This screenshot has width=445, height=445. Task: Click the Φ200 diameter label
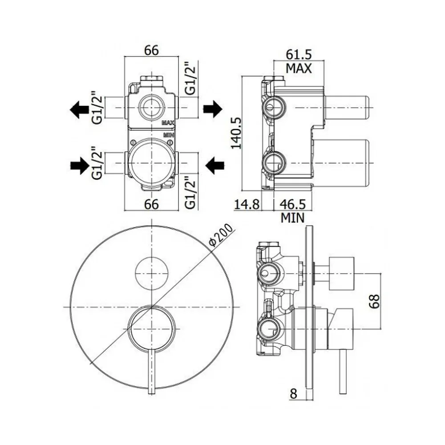point(221,235)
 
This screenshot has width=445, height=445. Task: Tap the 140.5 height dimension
point(236,133)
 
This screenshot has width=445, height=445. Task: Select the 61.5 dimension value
point(299,54)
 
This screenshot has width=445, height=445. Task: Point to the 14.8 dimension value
point(247,204)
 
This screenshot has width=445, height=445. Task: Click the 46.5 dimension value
point(293,204)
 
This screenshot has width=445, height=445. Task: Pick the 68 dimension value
point(374,301)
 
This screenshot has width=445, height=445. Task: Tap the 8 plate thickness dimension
point(293,394)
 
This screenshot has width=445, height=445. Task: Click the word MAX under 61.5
point(299,69)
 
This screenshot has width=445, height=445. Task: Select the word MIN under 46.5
point(293,218)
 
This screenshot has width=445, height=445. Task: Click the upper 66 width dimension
point(151,51)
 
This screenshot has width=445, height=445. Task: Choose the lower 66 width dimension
point(151,204)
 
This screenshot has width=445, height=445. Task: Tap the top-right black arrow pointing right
point(213,109)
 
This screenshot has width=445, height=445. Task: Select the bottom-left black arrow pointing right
point(80,166)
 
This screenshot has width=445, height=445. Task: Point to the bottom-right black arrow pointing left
point(214,166)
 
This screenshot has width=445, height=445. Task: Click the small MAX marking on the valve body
point(168,123)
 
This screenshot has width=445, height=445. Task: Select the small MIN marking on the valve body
point(169,135)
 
